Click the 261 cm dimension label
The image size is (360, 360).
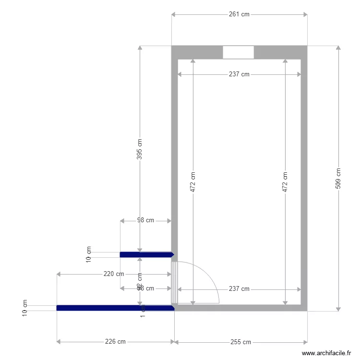pos(239,14)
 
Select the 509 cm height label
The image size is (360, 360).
pos(338,178)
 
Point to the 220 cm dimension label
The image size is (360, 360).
pos(114,274)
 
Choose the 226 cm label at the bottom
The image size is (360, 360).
pos(115,342)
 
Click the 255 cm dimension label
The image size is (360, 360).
pos(240,342)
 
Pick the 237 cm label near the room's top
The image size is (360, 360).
pos(239,74)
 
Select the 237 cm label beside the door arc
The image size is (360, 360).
pos(239,289)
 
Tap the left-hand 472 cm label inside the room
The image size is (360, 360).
pos(193,182)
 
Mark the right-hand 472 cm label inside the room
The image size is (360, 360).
pos(285,182)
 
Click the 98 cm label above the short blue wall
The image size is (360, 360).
pos(145,220)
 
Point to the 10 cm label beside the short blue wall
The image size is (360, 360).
pos(88,254)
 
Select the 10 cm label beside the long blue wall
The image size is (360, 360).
pos(25,308)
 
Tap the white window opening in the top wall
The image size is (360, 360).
pos(238,52)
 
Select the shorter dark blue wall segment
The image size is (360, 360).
pos(146,254)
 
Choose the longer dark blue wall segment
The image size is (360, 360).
pos(115,308)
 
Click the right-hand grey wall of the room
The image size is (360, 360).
pos(304,182)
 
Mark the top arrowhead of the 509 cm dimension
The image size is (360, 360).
pos(338,48)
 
